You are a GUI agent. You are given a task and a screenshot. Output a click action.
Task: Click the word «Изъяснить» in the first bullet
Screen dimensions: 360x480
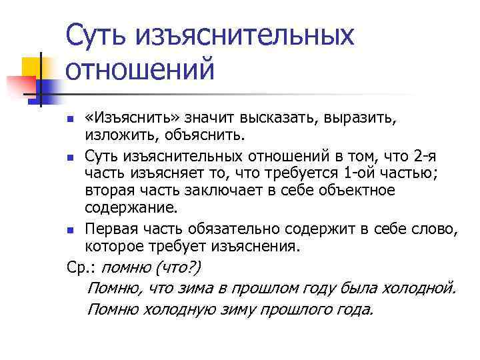125,119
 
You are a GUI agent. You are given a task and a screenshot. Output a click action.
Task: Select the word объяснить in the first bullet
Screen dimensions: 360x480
211,137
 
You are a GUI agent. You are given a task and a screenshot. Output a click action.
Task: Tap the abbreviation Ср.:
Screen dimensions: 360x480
81,267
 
